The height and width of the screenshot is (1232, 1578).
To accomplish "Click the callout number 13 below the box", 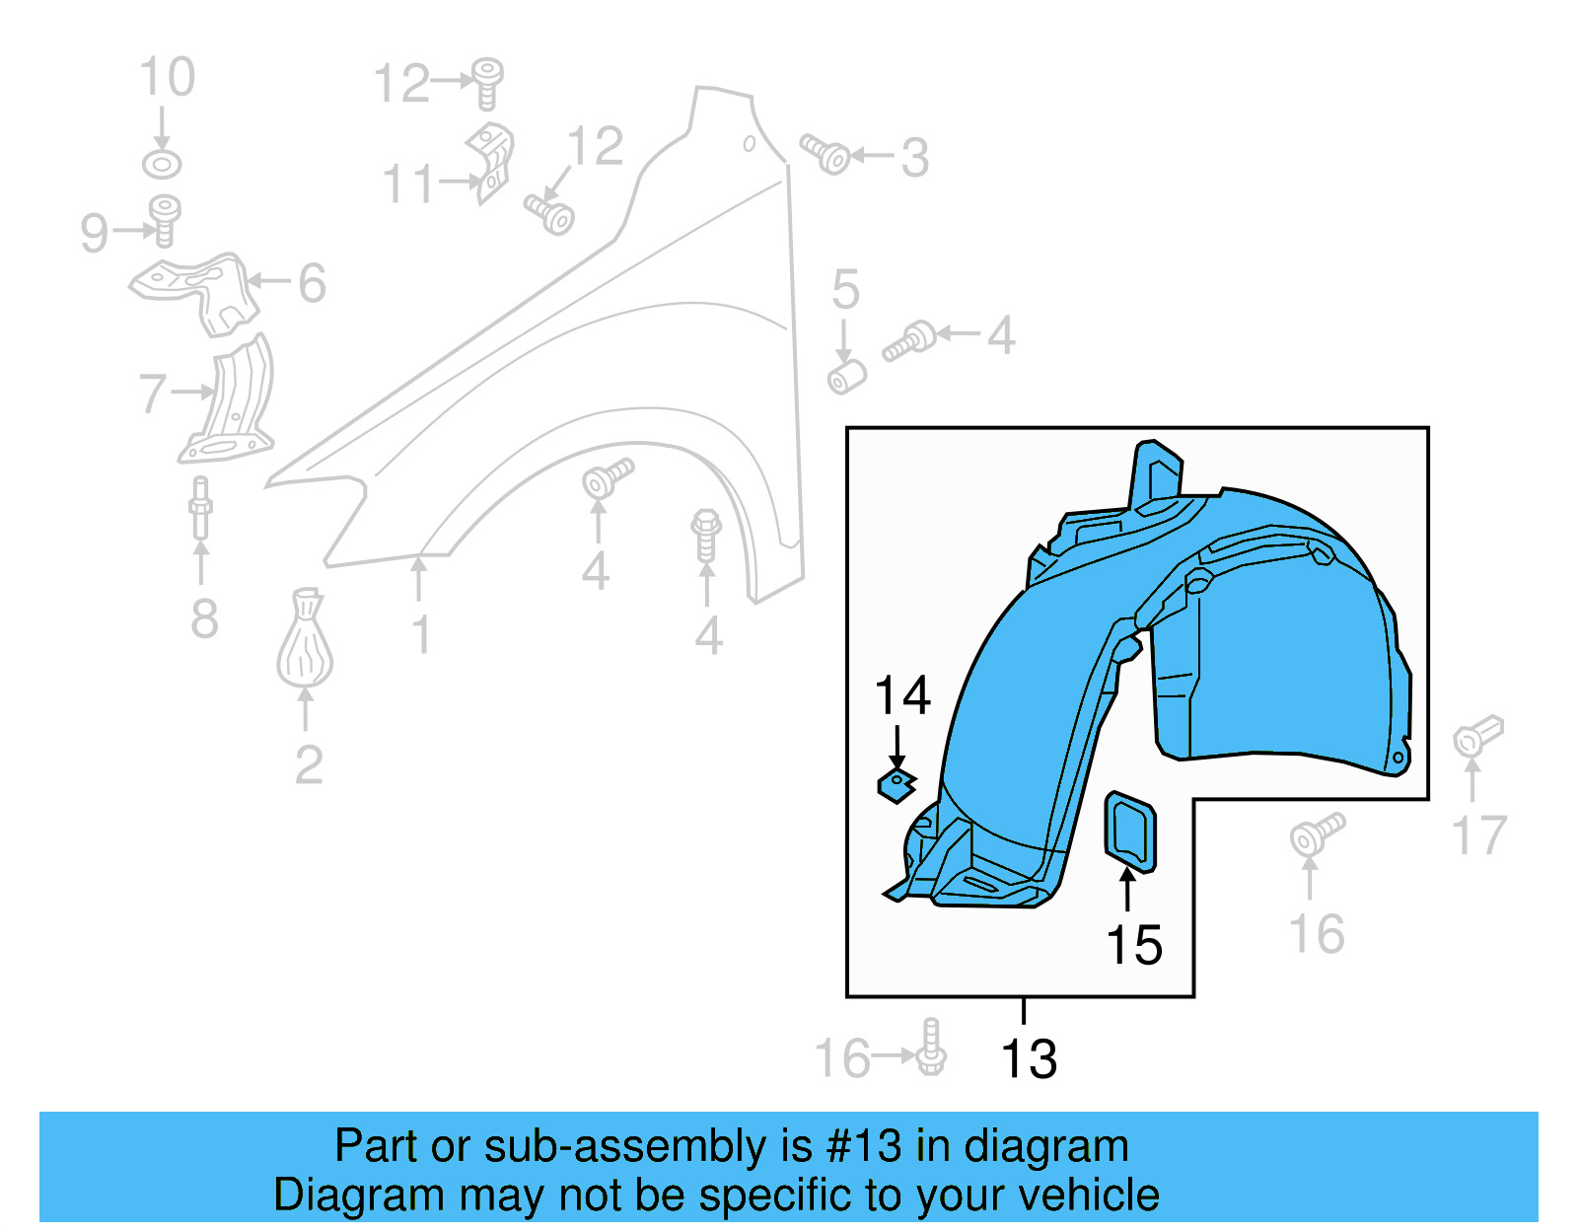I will click(1029, 1059).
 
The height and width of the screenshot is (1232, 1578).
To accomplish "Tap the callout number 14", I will click(902, 695).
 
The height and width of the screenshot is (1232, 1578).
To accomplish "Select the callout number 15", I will click(1134, 945).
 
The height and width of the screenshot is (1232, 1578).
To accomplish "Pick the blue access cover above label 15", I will click(1130, 832).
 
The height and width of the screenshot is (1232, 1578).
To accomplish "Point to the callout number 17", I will click(1479, 835).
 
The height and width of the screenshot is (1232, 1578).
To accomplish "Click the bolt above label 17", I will click(1477, 735).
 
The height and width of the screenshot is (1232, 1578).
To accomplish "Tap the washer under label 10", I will click(162, 164).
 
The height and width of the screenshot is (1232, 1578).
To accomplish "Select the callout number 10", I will click(167, 77).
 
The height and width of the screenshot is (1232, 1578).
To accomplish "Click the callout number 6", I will click(312, 283).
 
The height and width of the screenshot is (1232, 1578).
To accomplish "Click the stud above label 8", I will click(200, 507).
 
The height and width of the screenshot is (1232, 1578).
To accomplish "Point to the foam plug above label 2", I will click(305, 641).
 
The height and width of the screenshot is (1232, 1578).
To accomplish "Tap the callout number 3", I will click(914, 158).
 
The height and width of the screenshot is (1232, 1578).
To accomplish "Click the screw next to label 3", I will click(826, 154).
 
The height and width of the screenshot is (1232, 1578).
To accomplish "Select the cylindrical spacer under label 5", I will click(846, 377).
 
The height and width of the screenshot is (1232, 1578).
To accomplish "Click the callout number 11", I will click(408, 184).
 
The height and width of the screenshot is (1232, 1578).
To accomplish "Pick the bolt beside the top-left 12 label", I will click(486, 83).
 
